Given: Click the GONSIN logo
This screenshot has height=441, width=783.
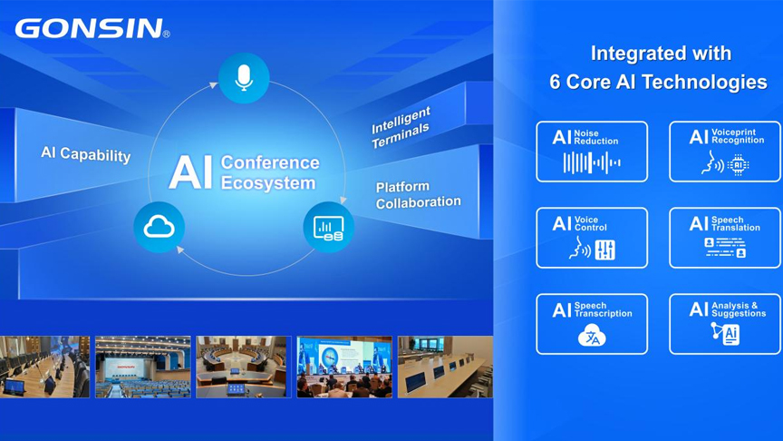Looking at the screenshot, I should pos(92,28).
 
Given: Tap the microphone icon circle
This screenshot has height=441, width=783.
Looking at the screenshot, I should pos(244,78).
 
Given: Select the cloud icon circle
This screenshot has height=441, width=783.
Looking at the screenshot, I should pos(159,227).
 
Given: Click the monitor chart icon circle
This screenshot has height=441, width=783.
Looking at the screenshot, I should pos(328,227).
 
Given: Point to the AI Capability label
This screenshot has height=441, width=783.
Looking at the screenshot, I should pos(86,154).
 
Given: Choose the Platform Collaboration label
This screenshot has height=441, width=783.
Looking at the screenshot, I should pos(418,195).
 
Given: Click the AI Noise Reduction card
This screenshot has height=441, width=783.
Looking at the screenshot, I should pos(592,152).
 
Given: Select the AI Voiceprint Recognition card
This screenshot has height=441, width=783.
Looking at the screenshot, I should pos(725,152).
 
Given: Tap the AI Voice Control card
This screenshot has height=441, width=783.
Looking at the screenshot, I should pos(592,238).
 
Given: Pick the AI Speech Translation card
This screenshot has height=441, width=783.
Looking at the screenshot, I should pos(725,238).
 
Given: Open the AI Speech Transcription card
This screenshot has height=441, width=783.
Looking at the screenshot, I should pos(592,324).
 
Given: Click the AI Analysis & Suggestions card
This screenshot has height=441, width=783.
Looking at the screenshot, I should pos(725,324).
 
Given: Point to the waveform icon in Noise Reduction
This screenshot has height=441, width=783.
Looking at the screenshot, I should pos(592,163).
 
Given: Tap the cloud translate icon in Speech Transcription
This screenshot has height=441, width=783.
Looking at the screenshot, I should pos(592,338).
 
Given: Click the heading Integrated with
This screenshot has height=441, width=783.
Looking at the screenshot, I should pos(661,54).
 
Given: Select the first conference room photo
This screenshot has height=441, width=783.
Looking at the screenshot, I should pos(44,367).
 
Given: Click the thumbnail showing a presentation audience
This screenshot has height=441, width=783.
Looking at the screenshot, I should pos(344,367).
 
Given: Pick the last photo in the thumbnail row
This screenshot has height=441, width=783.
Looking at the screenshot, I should pos(445,367).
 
